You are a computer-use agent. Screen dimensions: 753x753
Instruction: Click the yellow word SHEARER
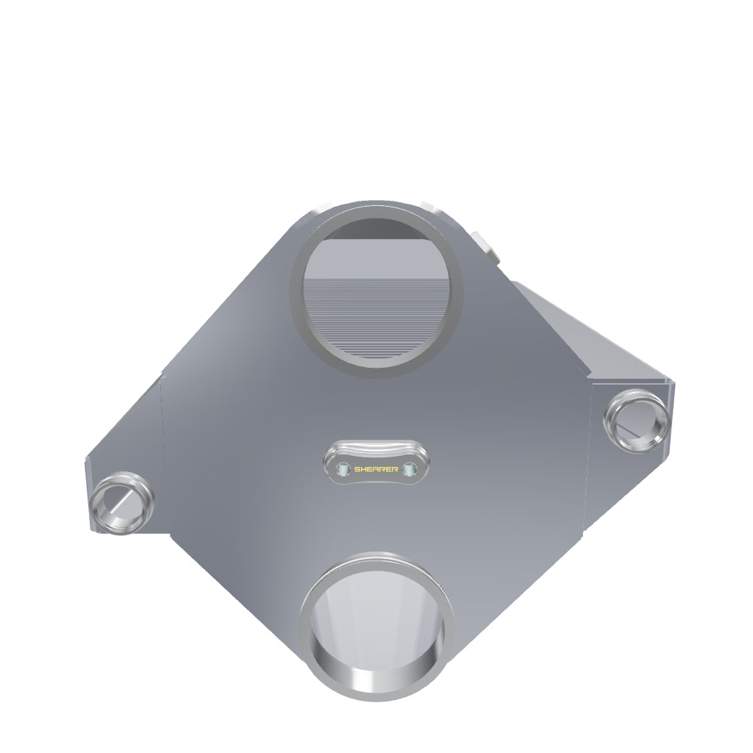point(376,468)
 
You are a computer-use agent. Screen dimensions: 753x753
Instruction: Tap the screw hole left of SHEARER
point(343,468)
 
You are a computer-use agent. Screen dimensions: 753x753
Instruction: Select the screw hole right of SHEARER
point(409,468)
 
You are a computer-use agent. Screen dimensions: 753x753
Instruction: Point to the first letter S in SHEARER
point(357,468)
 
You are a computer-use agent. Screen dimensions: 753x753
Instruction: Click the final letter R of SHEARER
point(395,468)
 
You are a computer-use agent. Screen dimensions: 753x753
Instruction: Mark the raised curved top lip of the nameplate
point(376,447)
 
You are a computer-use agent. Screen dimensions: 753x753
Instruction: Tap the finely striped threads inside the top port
point(376,317)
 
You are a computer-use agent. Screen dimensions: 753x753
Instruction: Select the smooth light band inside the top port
point(376,258)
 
